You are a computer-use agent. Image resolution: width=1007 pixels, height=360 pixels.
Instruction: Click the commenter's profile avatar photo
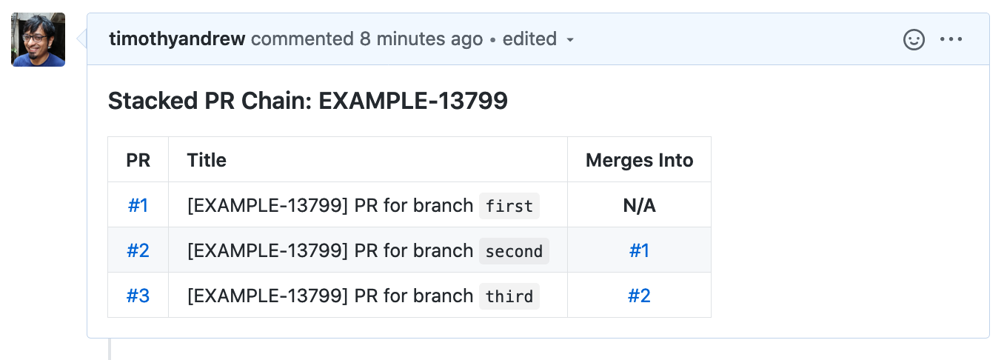click(39, 39)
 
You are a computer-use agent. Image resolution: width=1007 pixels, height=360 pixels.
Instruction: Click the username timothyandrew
click(177, 39)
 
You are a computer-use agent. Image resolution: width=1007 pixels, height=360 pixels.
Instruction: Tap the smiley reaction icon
click(914, 39)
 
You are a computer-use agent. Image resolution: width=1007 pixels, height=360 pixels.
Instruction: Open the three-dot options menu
click(951, 39)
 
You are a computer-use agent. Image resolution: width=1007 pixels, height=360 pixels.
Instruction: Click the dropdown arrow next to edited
click(570, 40)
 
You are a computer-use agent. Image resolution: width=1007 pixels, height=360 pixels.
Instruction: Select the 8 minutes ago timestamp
click(421, 39)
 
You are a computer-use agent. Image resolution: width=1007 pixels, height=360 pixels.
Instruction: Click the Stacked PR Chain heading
click(308, 100)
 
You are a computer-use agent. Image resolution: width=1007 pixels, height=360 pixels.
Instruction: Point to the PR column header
click(138, 160)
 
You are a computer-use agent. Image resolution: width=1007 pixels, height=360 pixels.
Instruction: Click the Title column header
click(207, 160)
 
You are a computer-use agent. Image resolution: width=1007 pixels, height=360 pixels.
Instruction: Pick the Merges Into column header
click(639, 160)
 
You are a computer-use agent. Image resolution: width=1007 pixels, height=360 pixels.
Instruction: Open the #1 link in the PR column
click(138, 206)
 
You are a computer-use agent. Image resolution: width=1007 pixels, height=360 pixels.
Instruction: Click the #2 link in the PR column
click(138, 250)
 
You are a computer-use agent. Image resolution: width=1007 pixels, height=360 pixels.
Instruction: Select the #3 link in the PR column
click(138, 296)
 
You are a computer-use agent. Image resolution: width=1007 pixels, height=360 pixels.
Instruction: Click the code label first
click(509, 206)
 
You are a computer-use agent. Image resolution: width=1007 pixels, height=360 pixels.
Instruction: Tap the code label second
click(515, 251)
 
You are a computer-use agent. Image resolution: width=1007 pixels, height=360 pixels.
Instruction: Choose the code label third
click(509, 296)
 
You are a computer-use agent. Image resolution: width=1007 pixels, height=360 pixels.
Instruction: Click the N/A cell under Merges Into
click(639, 206)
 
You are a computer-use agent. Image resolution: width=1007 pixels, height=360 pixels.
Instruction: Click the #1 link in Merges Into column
click(639, 250)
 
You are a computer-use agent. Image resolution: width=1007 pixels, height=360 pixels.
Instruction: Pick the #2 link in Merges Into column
click(639, 296)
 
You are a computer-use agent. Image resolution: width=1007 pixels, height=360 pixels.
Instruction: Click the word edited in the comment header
click(529, 39)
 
